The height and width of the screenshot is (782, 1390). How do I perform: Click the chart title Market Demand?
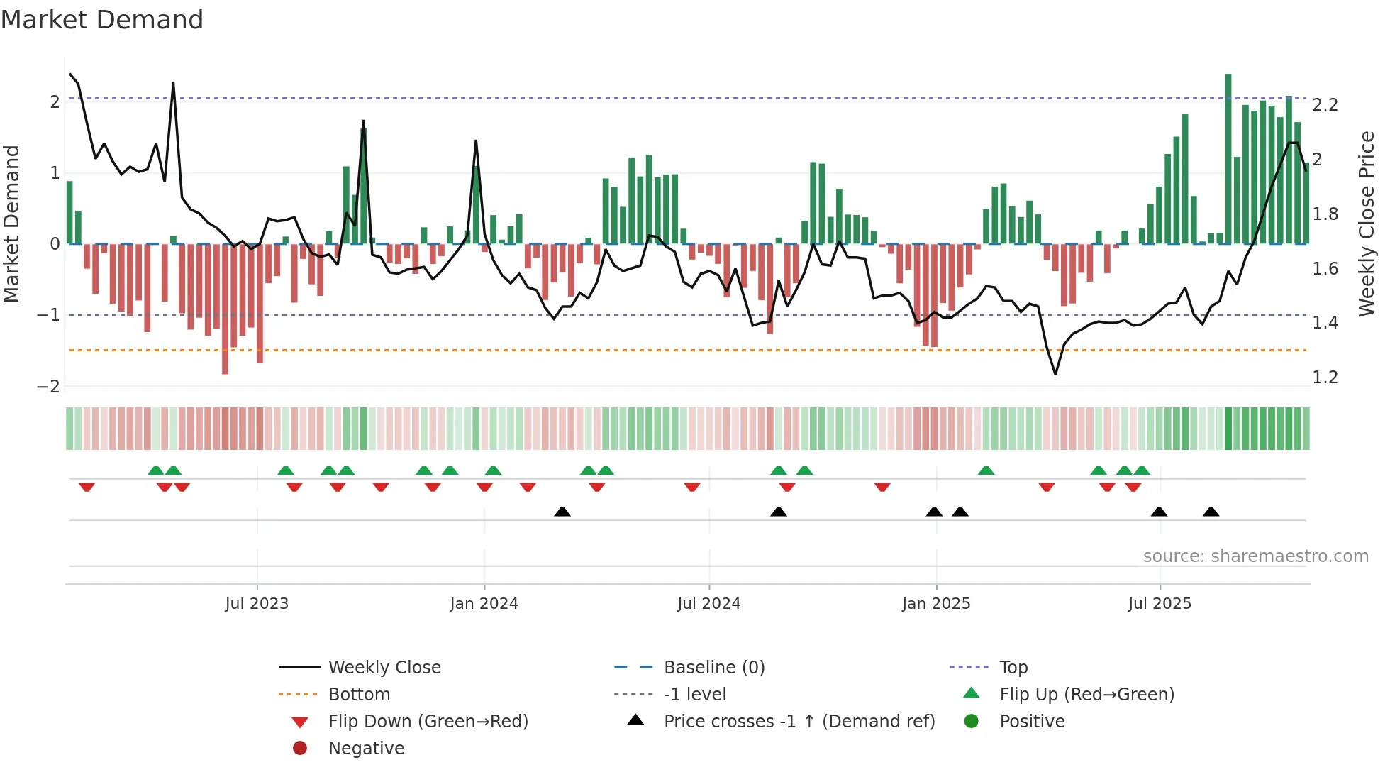(102, 19)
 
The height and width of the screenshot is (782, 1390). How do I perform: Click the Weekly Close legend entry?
(384, 667)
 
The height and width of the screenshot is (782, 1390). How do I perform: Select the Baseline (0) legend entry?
(713, 667)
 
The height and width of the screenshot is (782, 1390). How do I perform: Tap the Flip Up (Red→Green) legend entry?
(1086, 694)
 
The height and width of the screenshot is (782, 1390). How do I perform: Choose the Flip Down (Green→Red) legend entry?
(428, 721)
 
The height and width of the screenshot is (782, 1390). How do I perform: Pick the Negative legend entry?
(366, 748)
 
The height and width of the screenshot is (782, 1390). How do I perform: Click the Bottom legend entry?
(359, 694)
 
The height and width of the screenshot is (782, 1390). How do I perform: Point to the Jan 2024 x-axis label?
(484, 603)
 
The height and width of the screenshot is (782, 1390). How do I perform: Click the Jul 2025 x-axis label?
(1160, 603)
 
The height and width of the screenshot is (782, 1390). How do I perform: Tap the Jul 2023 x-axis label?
(257, 603)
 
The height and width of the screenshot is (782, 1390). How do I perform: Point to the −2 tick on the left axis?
(48, 386)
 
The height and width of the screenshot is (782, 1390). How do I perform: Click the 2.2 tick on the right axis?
(1325, 105)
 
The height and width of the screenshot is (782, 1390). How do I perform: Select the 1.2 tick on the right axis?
(1325, 378)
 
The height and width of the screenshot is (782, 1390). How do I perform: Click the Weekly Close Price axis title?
(1366, 223)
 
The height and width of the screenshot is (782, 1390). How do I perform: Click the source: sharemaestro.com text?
(1255, 556)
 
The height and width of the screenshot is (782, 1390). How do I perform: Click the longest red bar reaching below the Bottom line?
(225, 312)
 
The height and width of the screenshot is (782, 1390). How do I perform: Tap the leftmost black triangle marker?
(562, 512)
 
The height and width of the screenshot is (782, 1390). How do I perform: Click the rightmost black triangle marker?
(1211, 512)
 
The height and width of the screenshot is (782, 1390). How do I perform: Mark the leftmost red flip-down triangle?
(87, 487)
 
